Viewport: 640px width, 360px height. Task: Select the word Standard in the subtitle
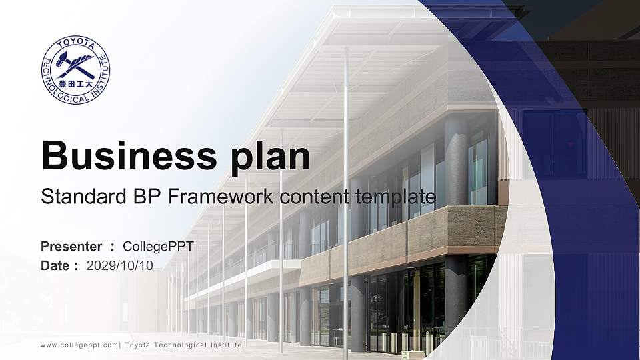tap(75, 197)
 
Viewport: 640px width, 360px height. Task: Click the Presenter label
tap(71, 247)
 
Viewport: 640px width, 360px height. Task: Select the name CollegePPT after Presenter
tap(159, 247)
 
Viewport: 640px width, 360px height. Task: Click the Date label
tap(55, 265)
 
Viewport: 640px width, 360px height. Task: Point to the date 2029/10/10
tap(120, 265)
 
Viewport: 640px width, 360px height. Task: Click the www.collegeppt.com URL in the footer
tap(79, 345)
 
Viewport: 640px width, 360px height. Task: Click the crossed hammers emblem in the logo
tap(75, 64)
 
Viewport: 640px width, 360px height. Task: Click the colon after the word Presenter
tap(113, 247)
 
